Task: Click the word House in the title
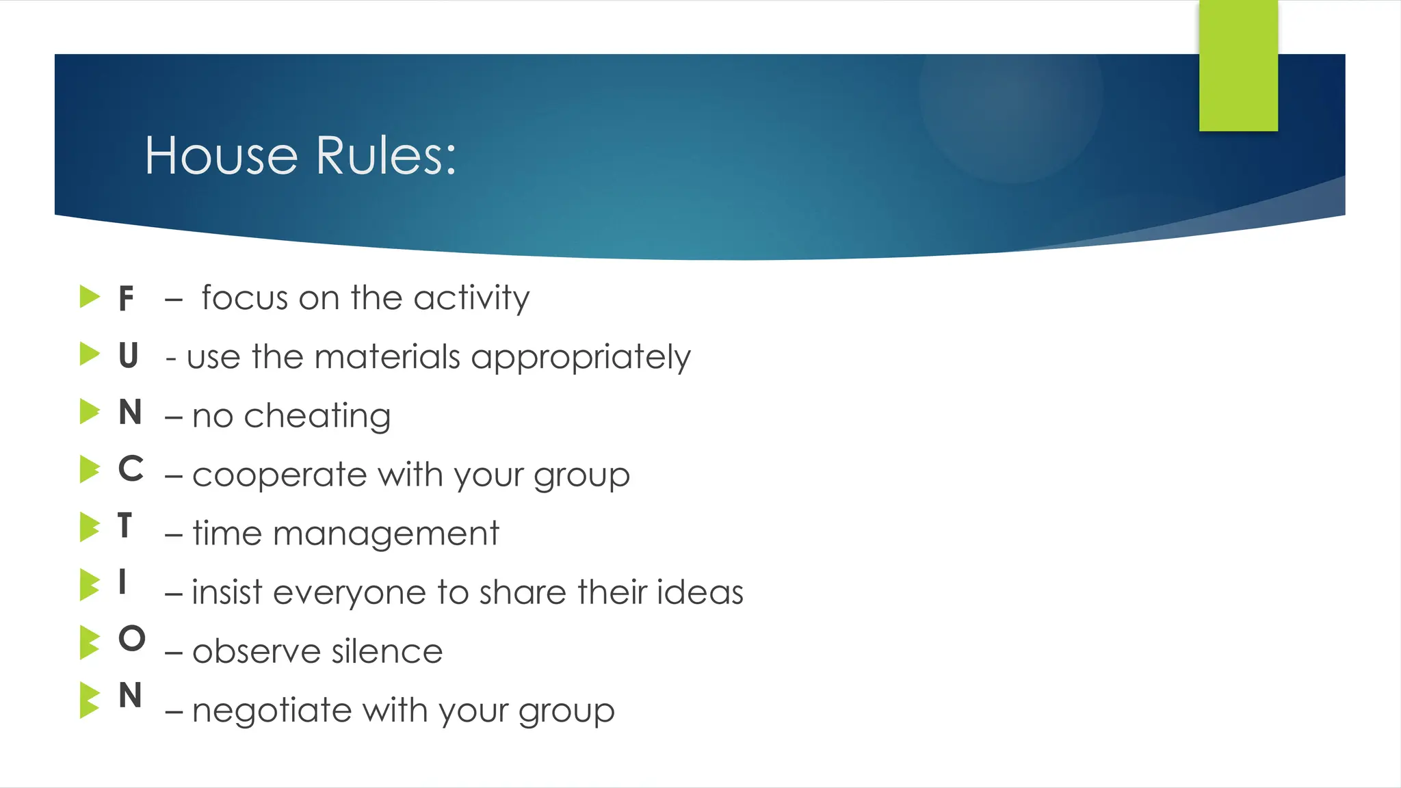point(221,156)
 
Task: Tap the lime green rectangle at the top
point(1238,66)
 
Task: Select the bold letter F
point(126,299)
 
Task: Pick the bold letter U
point(129,356)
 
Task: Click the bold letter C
point(131,469)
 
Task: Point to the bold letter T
point(125,526)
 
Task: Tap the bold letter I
point(122,583)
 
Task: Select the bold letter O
point(131,639)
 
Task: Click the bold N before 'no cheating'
point(130,412)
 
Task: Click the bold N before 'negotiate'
point(130,696)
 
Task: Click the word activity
point(471,299)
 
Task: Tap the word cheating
point(317,417)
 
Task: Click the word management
point(386,534)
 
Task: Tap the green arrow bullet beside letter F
point(90,297)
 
